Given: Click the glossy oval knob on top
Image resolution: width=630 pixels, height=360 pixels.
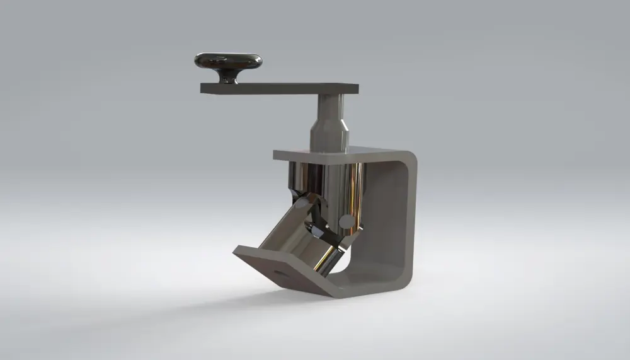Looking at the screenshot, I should click(228, 61).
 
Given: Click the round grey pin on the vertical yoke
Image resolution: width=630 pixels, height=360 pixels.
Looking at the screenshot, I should click(346, 221).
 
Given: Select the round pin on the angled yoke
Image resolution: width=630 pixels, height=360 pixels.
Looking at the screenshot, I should click(302, 206).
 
